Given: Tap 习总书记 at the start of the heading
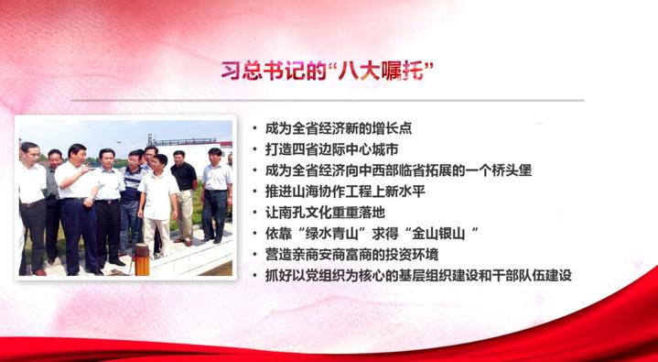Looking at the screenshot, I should click(x=259, y=70).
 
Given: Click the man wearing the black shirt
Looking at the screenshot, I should click(x=184, y=188).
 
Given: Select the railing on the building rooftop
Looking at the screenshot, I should click(x=192, y=140).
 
